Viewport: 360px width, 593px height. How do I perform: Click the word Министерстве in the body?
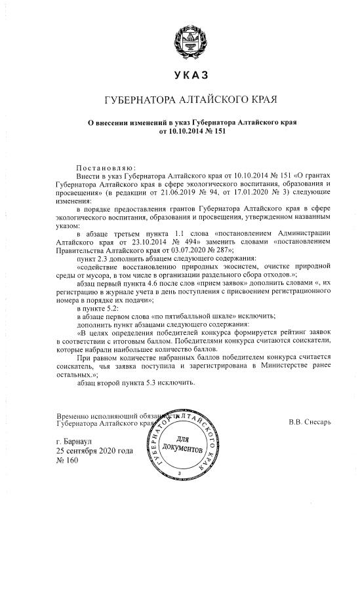tap(285, 366)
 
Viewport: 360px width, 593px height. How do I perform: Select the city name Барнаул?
tap(87, 442)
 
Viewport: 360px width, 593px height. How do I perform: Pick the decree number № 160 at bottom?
tap(68, 460)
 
